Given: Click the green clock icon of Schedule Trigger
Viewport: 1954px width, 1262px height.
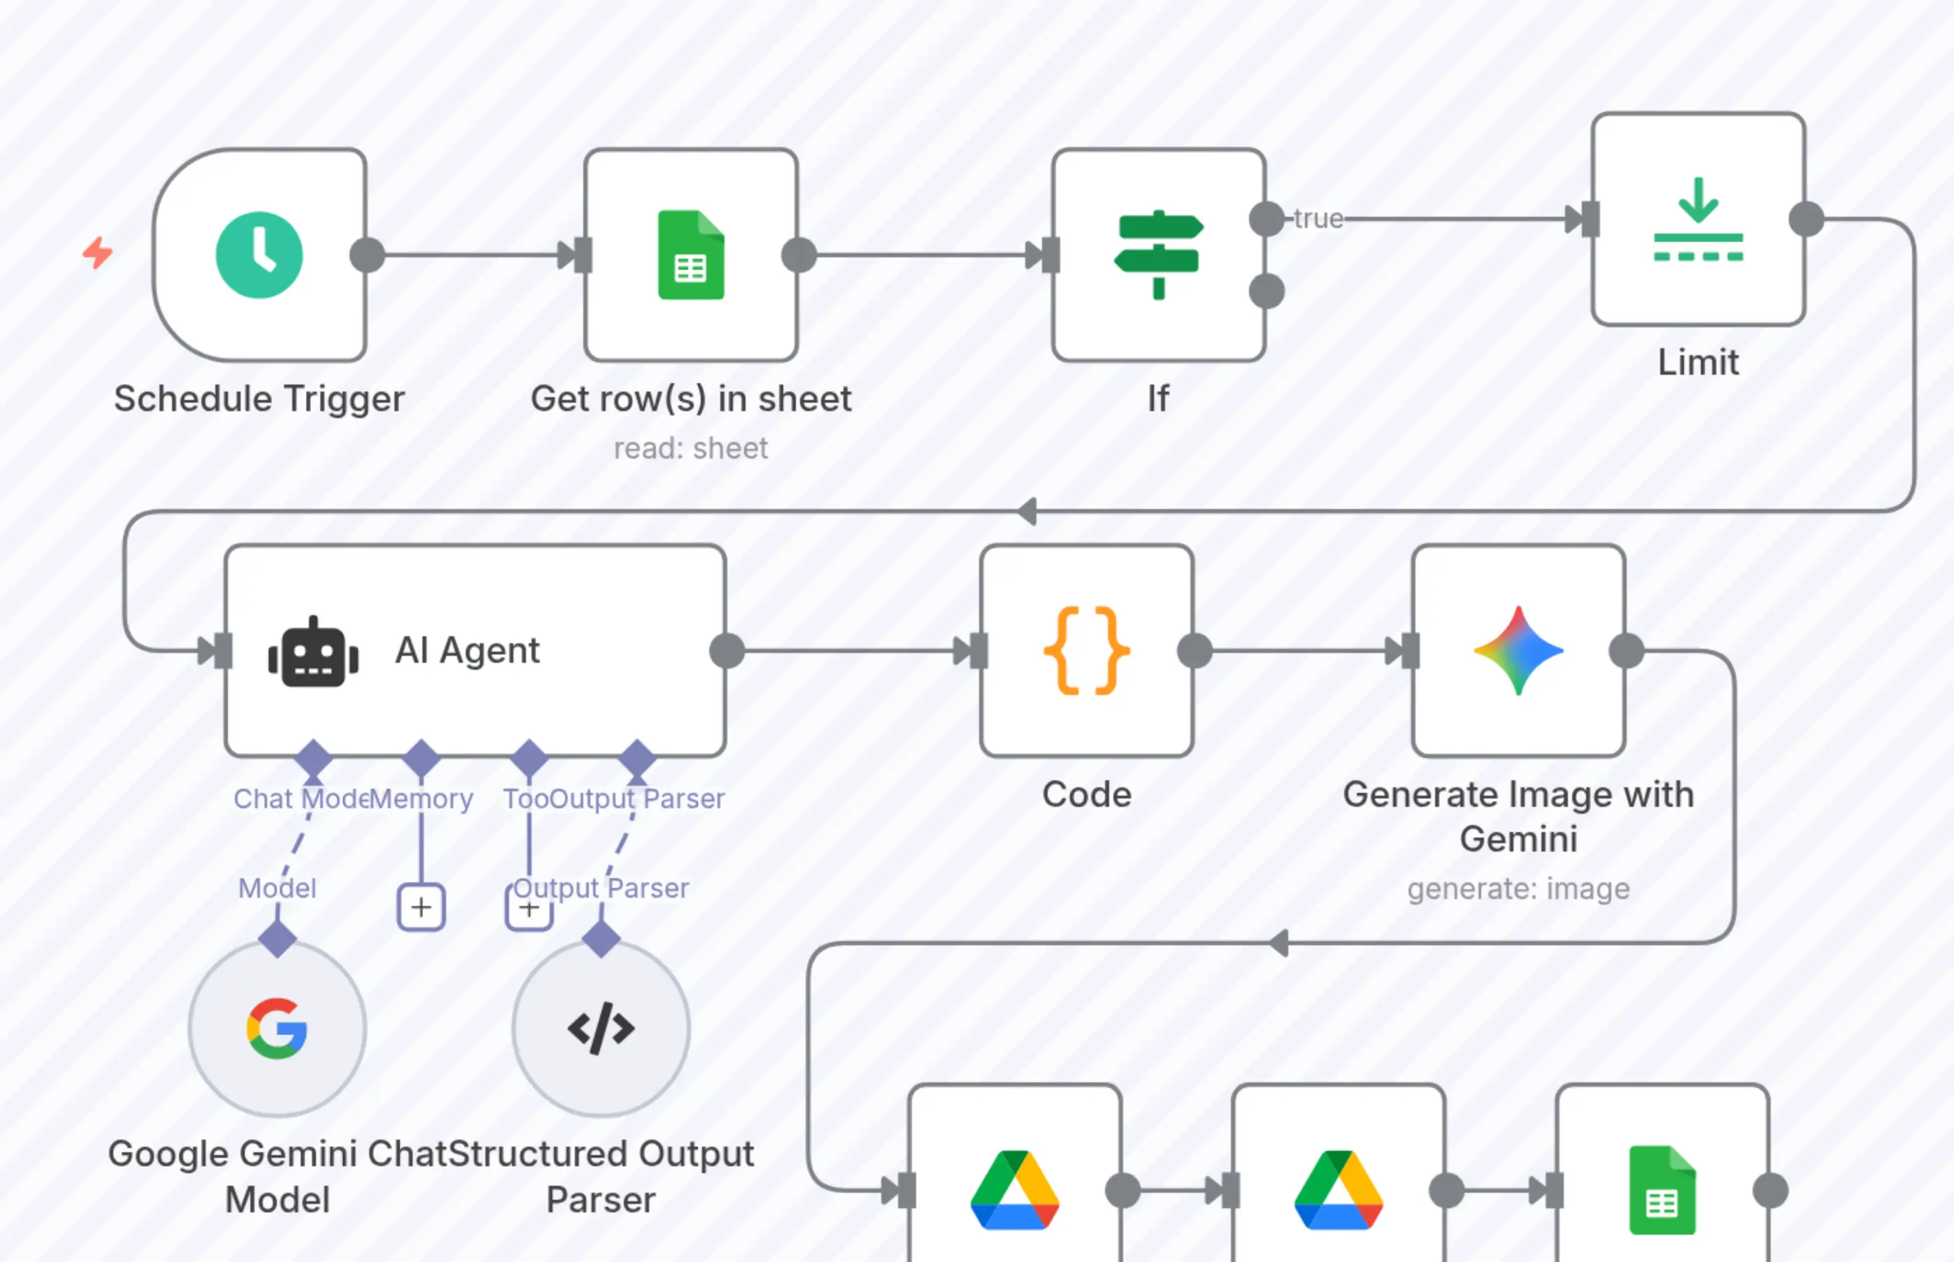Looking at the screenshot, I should click(259, 255).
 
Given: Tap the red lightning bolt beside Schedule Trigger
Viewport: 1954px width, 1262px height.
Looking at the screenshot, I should click(97, 252).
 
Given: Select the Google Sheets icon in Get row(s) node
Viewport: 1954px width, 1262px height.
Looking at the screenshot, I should click(691, 255).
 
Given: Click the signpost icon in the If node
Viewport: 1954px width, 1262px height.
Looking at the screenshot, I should click(1158, 255).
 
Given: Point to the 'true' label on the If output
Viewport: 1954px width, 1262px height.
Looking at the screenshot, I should click(1318, 219).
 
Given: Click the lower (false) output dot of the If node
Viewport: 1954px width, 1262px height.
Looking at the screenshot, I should click(1267, 291).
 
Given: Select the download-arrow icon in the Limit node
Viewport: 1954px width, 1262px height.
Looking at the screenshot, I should click(1698, 219).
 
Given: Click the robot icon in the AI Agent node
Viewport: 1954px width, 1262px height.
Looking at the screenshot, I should click(313, 652).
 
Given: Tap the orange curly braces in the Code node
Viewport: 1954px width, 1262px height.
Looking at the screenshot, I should click(1087, 651).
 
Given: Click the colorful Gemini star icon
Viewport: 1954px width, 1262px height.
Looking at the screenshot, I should click(1519, 651).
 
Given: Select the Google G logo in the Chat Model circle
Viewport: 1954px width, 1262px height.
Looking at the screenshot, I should click(277, 1028).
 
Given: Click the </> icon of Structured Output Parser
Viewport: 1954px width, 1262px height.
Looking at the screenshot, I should click(601, 1028).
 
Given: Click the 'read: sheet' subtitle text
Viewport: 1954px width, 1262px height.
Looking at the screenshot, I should click(691, 448).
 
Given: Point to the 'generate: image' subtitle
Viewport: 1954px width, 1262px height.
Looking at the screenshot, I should click(1519, 889).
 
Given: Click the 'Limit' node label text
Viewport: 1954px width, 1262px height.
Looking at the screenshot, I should click(1698, 362).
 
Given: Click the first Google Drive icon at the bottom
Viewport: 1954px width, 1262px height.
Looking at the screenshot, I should click(1015, 1190).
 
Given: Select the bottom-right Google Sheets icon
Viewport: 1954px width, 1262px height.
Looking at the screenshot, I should click(1662, 1190).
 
